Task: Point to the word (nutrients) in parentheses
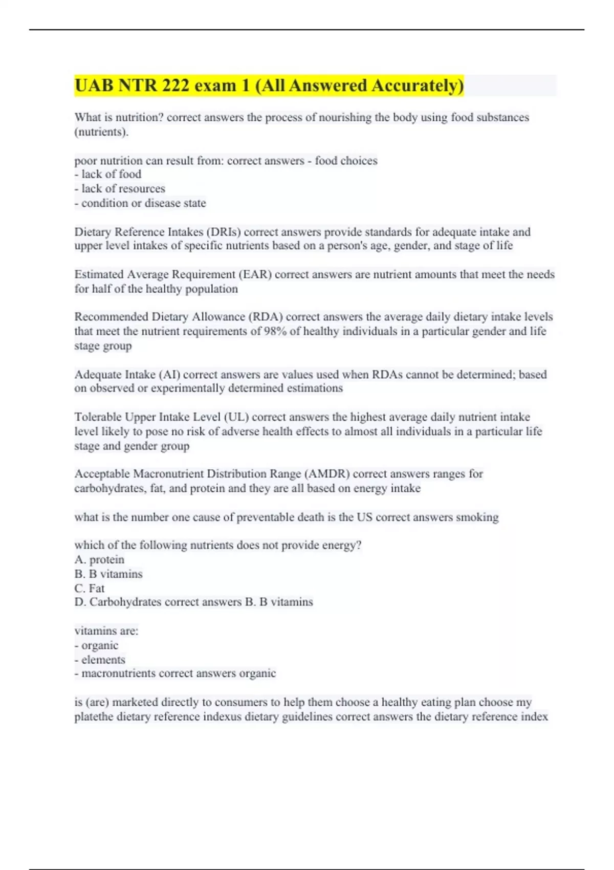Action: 101,132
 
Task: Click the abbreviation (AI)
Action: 169,374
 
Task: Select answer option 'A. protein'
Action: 99,559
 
